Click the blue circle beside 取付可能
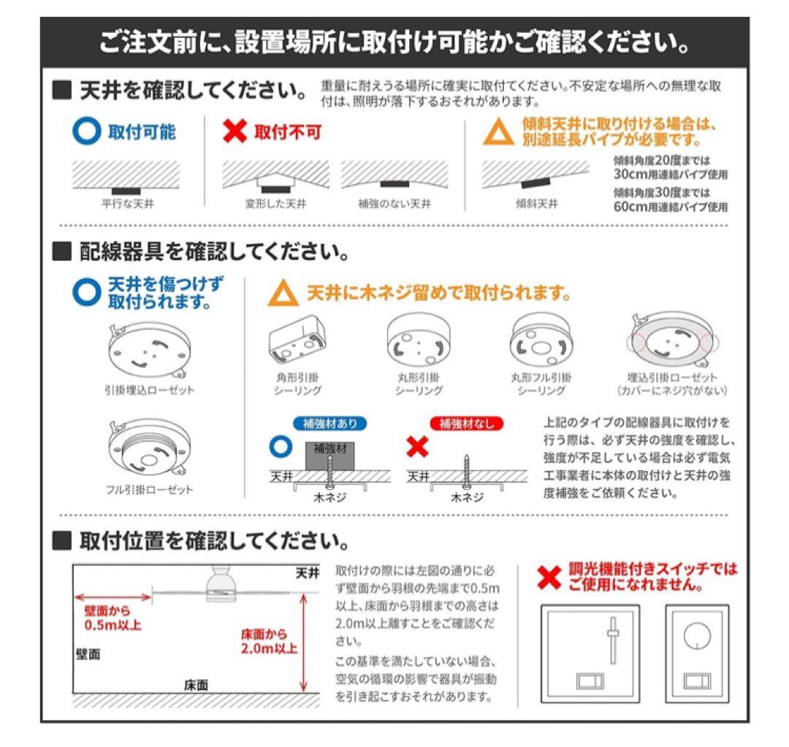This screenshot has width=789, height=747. tap(87, 132)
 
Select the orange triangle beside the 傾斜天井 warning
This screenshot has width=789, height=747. tap(500, 133)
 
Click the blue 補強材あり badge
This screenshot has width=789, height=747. tap(329, 424)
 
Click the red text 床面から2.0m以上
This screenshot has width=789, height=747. tap(270, 640)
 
